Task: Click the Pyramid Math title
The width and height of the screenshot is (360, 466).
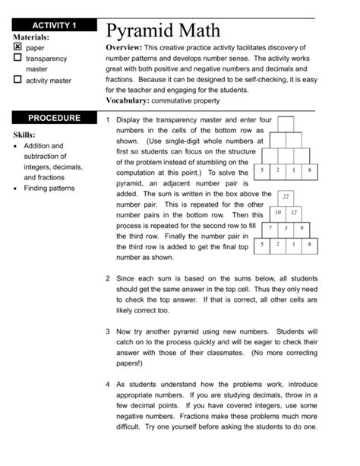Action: (x=163, y=31)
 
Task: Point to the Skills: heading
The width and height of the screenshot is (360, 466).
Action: (x=30, y=135)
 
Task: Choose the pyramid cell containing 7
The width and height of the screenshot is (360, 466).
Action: (x=270, y=228)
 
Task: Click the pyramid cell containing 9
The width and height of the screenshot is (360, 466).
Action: (x=302, y=228)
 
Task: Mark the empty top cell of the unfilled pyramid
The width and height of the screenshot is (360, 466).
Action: (x=286, y=123)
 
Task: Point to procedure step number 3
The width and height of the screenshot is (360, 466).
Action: (x=109, y=332)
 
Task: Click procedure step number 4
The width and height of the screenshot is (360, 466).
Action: (x=109, y=385)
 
